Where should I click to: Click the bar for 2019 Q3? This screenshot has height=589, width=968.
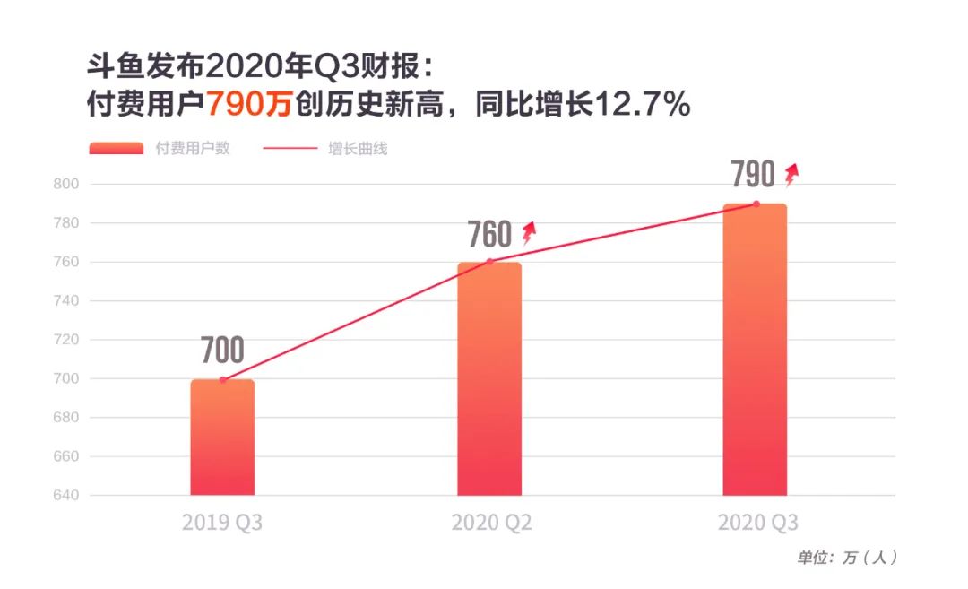pyautogui.click(x=222, y=437)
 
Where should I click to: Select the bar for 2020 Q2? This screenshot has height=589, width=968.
pyautogui.click(x=489, y=378)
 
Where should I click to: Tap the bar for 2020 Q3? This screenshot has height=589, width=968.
pyautogui.click(x=755, y=350)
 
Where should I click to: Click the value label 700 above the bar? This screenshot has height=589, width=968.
pyautogui.click(x=222, y=351)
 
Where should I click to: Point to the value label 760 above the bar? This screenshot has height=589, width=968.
pyautogui.click(x=489, y=235)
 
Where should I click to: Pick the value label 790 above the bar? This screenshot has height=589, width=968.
pyautogui.click(x=753, y=175)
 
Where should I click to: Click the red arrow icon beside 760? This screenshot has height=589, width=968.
pyautogui.click(x=529, y=233)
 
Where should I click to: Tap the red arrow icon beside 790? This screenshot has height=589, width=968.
pyautogui.click(x=791, y=174)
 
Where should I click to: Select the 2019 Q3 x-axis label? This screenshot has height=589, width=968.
pyautogui.click(x=222, y=523)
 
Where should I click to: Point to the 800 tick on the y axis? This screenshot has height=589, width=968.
pyautogui.click(x=68, y=184)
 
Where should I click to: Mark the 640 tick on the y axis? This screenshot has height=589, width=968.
pyautogui.click(x=68, y=496)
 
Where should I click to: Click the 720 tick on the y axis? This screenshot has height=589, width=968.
pyautogui.click(x=68, y=340)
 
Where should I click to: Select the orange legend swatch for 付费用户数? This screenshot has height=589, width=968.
pyautogui.click(x=116, y=149)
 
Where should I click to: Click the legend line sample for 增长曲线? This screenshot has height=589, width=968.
pyautogui.click(x=290, y=149)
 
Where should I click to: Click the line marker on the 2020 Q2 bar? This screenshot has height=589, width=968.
pyautogui.click(x=489, y=262)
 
